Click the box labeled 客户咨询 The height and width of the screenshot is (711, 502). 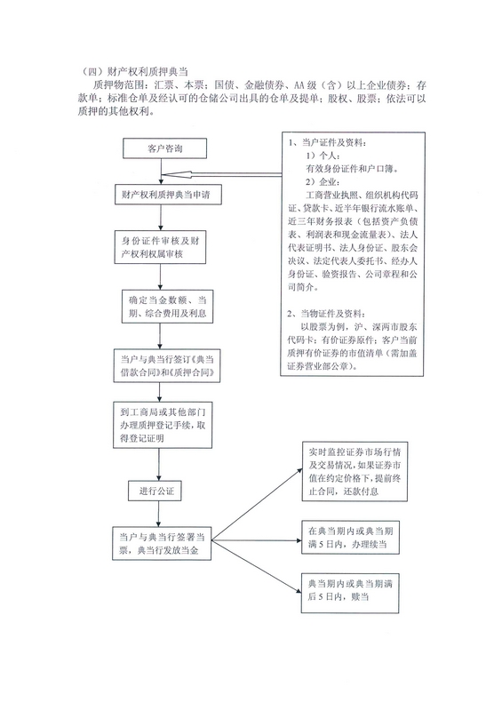click(164, 148)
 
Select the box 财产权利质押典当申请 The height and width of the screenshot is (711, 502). click(167, 195)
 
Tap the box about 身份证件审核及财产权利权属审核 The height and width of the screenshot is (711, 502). click(160, 247)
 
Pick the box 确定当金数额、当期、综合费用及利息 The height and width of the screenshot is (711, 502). click(167, 307)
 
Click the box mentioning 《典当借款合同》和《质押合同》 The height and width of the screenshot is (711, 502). click(167, 366)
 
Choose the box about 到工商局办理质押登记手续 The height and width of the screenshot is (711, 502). click(163, 426)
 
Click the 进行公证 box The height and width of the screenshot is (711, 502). click(155, 491)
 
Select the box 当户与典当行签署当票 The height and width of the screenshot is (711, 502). click(162, 543)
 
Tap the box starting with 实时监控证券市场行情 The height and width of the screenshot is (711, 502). click(355, 471)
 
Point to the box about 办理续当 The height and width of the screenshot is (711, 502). click(351, 538)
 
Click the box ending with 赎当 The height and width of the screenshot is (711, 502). click(350, 593)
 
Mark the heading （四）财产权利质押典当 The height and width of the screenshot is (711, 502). click(136, 71)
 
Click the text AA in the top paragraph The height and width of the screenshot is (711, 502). click(299, 84)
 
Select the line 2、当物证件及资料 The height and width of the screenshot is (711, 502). click(325, 314)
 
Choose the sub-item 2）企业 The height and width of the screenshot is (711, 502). click(322, 182)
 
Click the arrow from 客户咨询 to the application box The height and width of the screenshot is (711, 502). click(162, 172)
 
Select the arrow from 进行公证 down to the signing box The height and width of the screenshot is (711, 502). click(158, 514)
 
